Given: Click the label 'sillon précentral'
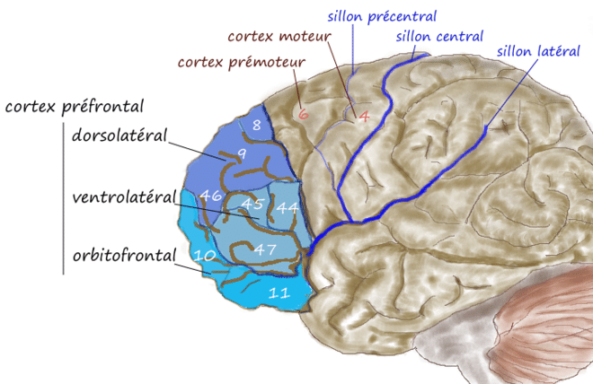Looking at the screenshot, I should tap(382, 16).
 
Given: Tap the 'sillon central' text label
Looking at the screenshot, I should tap(440, 37).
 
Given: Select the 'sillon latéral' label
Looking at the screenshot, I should tap(539, 51).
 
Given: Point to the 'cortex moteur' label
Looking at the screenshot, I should tap(279, 37).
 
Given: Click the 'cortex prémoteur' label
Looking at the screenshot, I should tap(243, 63).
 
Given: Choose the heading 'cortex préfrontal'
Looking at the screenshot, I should tap(75, 107).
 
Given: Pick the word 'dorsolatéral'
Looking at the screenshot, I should tap(119, 137).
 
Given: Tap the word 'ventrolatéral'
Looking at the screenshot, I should tap(123, 196).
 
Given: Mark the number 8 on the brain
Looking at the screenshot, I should tap(256, 125).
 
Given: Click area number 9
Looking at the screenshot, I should tap(241, 155).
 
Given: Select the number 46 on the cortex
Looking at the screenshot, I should tap(211, 195).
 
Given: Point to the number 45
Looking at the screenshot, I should tap(252, 204).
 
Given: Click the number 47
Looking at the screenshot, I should tap(264, 249).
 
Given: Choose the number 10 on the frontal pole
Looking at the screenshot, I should tap(204, 257).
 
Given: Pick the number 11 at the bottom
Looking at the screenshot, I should tap(279, 292).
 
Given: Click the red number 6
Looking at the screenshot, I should tap(303, 114).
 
